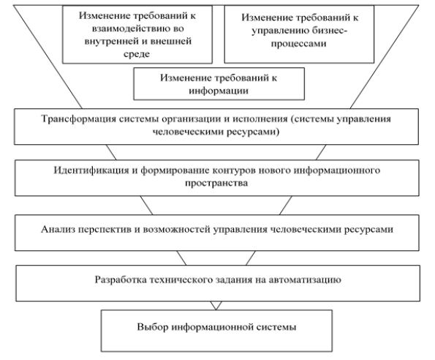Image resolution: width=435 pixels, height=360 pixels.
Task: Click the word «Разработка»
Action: [119, 280]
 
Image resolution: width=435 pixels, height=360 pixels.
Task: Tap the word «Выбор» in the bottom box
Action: [152, 327]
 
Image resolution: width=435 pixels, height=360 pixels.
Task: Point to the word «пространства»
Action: [216, 184]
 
